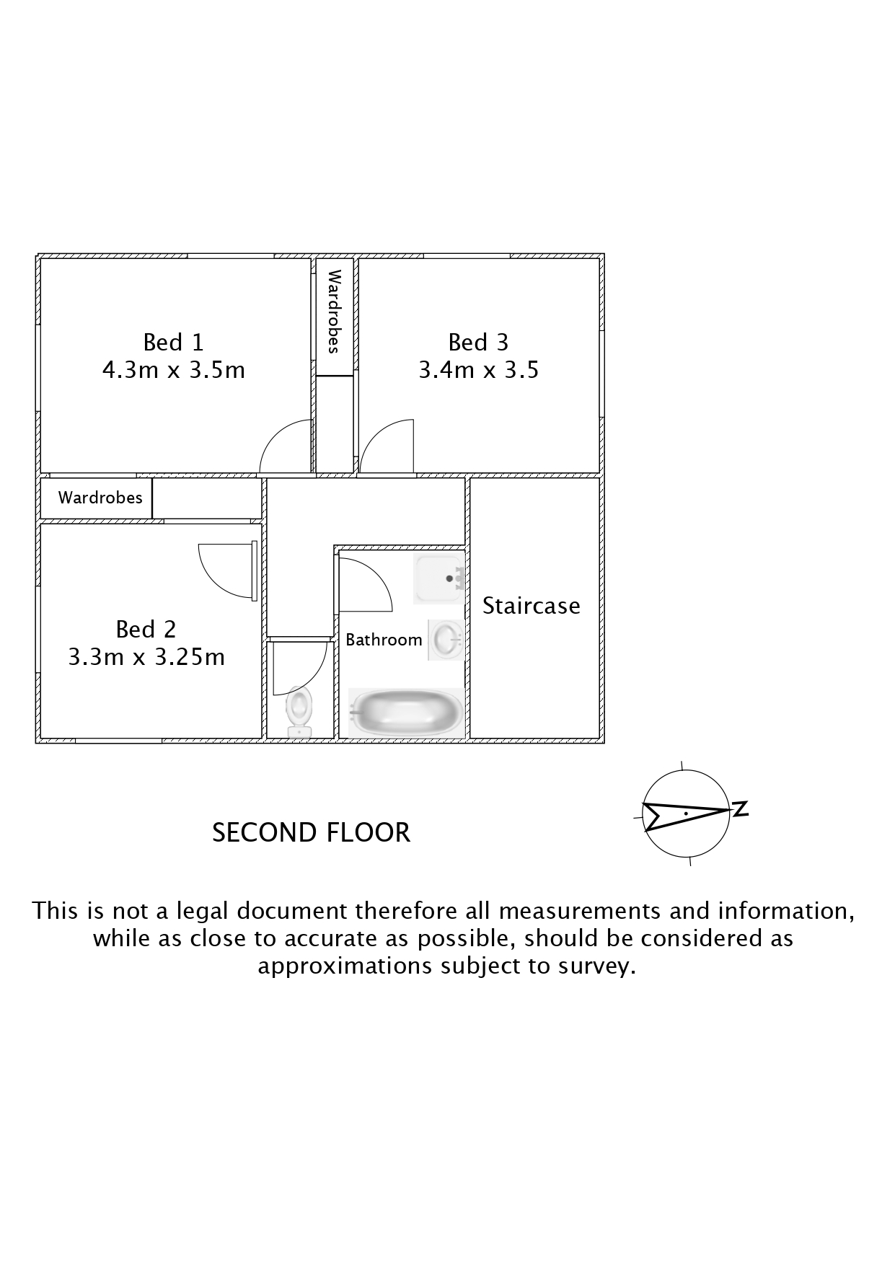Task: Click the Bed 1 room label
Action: tap(173, 342)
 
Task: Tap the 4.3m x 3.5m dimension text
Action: tap(173, 370)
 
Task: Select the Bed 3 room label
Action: tap(478, 342)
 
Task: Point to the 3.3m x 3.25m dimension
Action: tap(146, 657)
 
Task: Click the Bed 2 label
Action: tap(146, 629)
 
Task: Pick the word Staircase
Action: tap(531, 605)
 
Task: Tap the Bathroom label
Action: tap(384, 640)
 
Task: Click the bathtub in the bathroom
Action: tap(406, 713)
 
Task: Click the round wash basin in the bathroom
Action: tap(446, 640)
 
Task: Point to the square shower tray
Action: tap(438, 579)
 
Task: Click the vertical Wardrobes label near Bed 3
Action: tap(334, 312)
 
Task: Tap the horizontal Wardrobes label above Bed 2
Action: tap(100, 498)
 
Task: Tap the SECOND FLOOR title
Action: tap(311, 832)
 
